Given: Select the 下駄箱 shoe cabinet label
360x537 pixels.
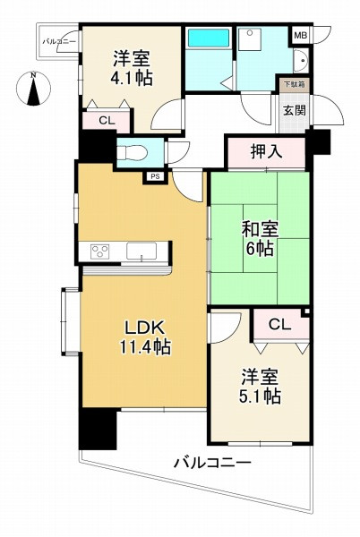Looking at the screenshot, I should [292, 85].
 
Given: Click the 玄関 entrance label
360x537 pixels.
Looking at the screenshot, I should [293, 111].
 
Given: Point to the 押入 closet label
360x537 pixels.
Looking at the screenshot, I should [267, 152].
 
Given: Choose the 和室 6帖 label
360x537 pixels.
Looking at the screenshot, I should [260, 237].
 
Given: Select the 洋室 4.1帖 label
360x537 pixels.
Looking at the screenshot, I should [131, 68].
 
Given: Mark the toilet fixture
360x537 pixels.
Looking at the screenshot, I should [131, 150].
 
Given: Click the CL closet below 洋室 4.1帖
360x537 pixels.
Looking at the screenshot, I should [106, 121].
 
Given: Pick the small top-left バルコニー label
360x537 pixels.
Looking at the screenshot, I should [58, 41].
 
